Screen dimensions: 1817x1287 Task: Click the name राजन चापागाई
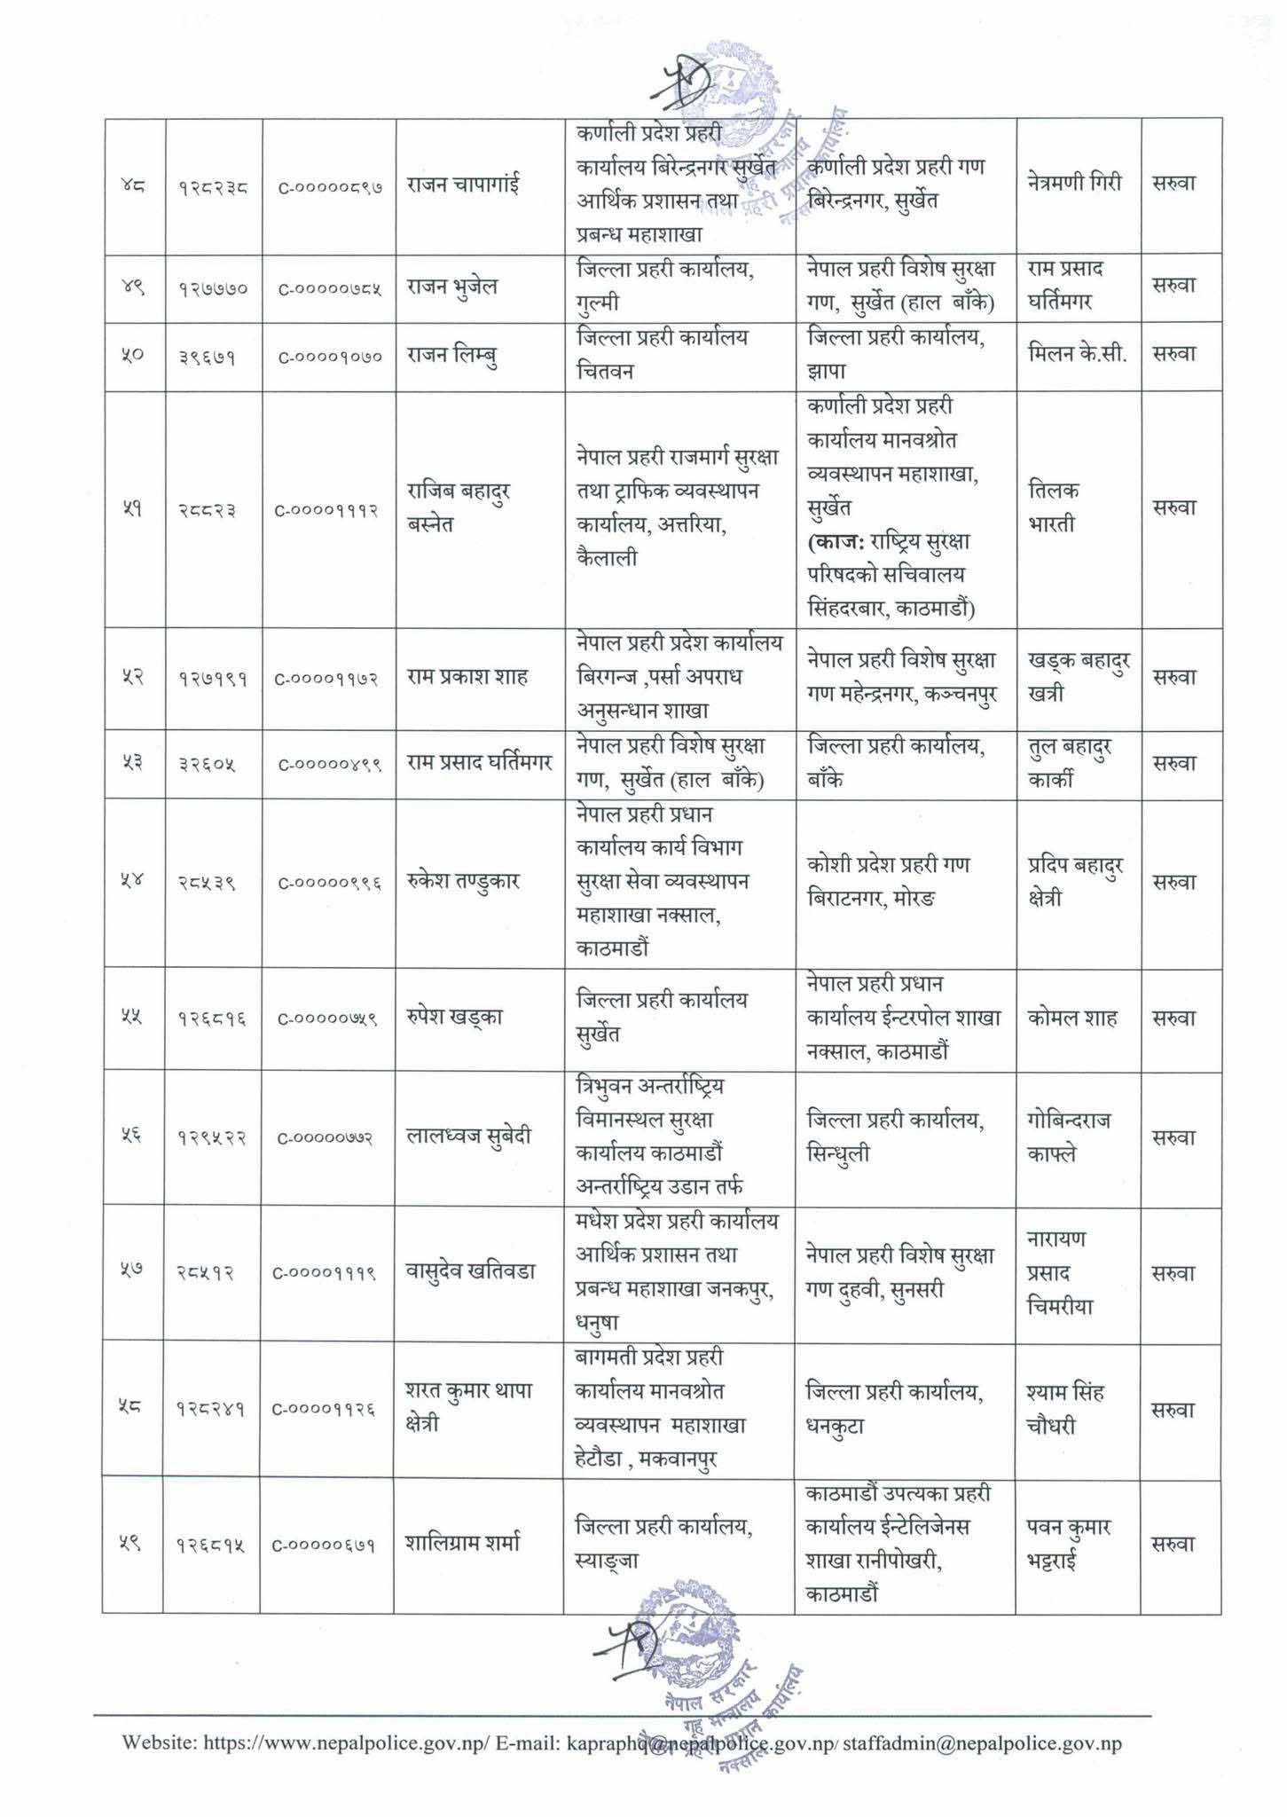[464, 185]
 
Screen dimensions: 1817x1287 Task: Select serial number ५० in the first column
[132, 355]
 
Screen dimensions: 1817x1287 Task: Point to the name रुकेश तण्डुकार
[463, 882]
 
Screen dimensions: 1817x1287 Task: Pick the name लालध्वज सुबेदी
[468, 1137]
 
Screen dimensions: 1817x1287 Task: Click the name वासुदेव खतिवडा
[470, 1271]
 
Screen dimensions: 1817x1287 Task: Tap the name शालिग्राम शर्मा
[463, 1544]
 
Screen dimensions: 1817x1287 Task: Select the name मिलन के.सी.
[1077, 354]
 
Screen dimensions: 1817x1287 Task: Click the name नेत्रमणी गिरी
[1075, 184]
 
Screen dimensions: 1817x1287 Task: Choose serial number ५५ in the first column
[132, 1018]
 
